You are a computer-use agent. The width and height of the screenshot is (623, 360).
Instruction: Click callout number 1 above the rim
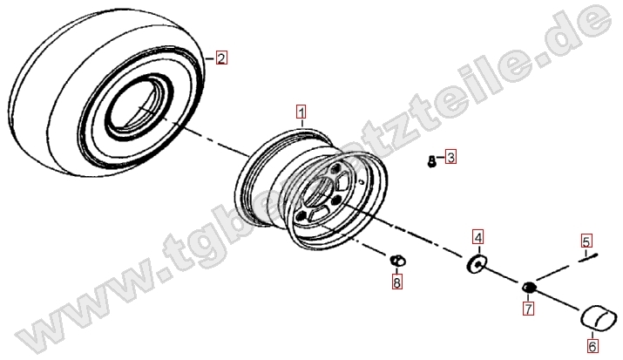click(x=301, y=112)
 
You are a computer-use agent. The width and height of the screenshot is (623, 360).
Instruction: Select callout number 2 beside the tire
click(x=221, y=58)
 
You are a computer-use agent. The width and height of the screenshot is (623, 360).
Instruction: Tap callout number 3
click(x=450, y=157)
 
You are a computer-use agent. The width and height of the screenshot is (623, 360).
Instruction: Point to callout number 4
click(x=478, y=237)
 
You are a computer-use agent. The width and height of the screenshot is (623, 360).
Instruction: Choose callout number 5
click(x=586, y=241)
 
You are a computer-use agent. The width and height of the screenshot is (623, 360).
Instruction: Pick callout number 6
click(x=593, y=346)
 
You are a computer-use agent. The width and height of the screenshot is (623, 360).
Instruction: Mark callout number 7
click(x=528, y=309)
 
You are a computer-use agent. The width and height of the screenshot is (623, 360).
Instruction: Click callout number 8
click(x=396, y=282)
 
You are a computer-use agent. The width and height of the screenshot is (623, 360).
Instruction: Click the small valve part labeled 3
click(x=431, y=161)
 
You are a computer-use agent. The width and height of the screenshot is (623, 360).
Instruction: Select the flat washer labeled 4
click(x=476, y=264)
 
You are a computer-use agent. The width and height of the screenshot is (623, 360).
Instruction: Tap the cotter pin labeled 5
click(x=588, y=258)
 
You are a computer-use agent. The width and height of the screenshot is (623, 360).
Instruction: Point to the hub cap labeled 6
click(x=600, y=317)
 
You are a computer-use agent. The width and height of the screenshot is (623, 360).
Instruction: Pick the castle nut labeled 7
click(x=529, y=287)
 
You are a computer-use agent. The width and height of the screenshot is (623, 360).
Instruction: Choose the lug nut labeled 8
click(x=397, y=261)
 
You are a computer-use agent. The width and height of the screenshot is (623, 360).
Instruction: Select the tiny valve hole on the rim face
click(x=361, y=182)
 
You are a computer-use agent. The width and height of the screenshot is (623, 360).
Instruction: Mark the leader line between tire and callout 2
click(x=210, y=58)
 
